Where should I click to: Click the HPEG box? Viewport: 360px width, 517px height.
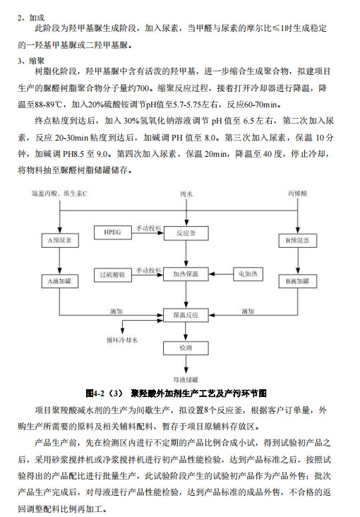click(x=113, y=232)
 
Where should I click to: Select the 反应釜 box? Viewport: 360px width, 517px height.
click(x=186, y=233)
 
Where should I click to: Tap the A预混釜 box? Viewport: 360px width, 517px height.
click(x=60, y=240)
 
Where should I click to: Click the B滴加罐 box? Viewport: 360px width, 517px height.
click(x=297, y=281)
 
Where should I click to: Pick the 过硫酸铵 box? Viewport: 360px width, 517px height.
click(x=113, y=275)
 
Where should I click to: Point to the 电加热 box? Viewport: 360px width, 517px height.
click(x=248, y=273)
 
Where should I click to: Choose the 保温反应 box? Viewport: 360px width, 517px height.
click(x=186, y=315)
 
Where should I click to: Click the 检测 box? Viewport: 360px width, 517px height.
click(x=186, y=348)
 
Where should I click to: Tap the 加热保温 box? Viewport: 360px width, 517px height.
click(x=186, y=274)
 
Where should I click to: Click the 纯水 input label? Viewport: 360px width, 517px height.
click(x=186, y=194)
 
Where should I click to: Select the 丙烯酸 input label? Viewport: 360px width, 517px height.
click(x=298, y=194)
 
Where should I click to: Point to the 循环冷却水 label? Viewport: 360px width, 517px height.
click(x=122, y=340)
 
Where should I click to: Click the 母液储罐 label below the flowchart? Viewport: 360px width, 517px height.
click(x=186, y=379)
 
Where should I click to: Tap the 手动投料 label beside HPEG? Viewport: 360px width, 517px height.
click(x=149, y=228)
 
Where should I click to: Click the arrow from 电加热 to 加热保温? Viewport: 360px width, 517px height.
click(x=221, y=274)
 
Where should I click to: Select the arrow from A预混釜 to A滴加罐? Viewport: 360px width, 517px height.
click(x=60, y=261)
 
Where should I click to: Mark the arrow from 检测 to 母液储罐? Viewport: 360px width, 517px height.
click(x=186, y=364)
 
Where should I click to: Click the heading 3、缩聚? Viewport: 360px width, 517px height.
click(x=31, y=61)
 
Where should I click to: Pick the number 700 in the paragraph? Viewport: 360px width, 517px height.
click(x=143, y=88)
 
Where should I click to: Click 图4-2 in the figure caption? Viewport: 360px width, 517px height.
click(x=95, y=393)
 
